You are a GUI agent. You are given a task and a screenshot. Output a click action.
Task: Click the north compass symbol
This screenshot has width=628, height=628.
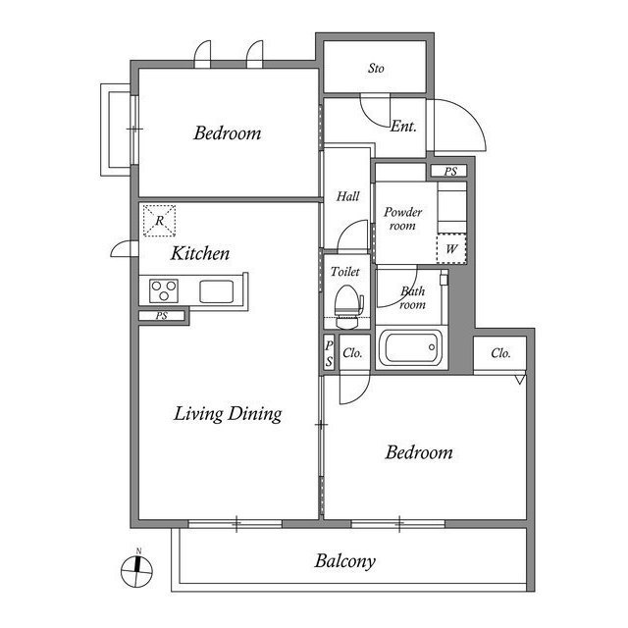tap(136, 570)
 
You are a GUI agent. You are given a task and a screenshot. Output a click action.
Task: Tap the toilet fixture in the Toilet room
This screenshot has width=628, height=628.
tap(348, 306)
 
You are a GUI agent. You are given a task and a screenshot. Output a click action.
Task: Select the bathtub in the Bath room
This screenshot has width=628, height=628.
tap(411, 347)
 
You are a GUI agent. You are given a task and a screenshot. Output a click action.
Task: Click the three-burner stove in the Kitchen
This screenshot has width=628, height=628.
tap(164, 290)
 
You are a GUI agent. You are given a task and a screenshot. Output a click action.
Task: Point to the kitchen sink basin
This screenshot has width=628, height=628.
tap(216, 291)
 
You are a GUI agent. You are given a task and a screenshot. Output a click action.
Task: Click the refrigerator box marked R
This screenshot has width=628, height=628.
tap(159, 220)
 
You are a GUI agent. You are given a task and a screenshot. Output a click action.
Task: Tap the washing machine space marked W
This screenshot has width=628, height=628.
tap(451, 248)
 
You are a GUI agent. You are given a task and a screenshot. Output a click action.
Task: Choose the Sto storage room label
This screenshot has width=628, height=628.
tap(376, 69)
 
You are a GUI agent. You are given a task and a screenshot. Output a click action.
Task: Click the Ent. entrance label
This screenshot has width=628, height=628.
tap(403, 127)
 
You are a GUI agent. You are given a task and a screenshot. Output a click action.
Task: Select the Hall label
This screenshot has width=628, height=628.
tap(347, 196)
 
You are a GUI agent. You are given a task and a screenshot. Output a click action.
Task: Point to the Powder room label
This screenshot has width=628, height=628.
tap(403, 218)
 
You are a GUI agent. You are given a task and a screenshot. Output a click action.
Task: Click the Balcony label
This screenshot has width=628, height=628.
tap(344, 561)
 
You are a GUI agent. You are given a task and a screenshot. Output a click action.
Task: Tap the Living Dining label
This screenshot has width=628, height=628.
tap(228, 414)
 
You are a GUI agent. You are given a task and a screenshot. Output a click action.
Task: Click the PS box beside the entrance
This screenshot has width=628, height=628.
tap(449, 172)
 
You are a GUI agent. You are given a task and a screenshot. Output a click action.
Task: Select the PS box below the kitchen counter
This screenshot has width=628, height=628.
tap(162, 316)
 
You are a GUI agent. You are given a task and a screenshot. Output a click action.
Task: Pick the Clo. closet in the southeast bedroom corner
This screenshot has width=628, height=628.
tap(499, 353)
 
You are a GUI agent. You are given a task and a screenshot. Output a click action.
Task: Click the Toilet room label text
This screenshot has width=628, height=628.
tap(344, 272)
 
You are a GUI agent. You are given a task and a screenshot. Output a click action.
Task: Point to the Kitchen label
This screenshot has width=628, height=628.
tap(200, 253)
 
